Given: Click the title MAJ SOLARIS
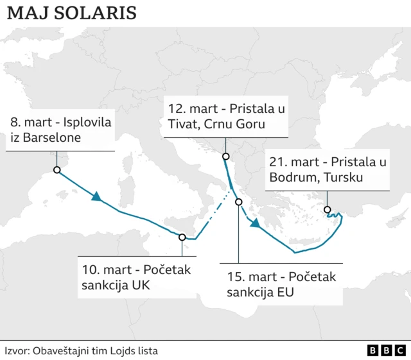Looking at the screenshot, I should (x=72, y=13).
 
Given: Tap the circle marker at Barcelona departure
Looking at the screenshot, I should (x=57, y=170).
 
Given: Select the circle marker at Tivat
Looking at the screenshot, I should (x=225, y=157).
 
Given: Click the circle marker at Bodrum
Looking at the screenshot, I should (x=328, y=210).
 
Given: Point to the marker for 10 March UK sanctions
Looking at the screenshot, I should (x=182, y=237).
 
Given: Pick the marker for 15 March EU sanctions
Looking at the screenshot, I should (x=238, y=202).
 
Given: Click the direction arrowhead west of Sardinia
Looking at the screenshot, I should (x=97, y=198).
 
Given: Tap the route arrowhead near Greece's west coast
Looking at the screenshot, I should (x=255, y=223).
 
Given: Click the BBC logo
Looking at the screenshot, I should (x=386, y=350).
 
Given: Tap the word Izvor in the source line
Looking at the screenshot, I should (x=17, y=350).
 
